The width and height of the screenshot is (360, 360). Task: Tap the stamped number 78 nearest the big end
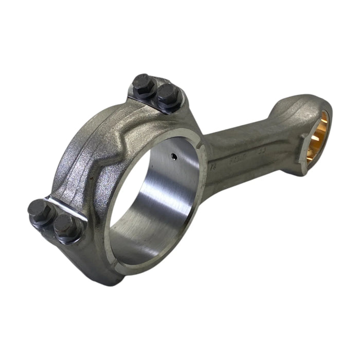click(x=214, y=167)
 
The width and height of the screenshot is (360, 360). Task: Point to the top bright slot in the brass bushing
click(x=325, y=122)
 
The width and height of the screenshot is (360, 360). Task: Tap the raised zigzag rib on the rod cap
click(x=103, y=154)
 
